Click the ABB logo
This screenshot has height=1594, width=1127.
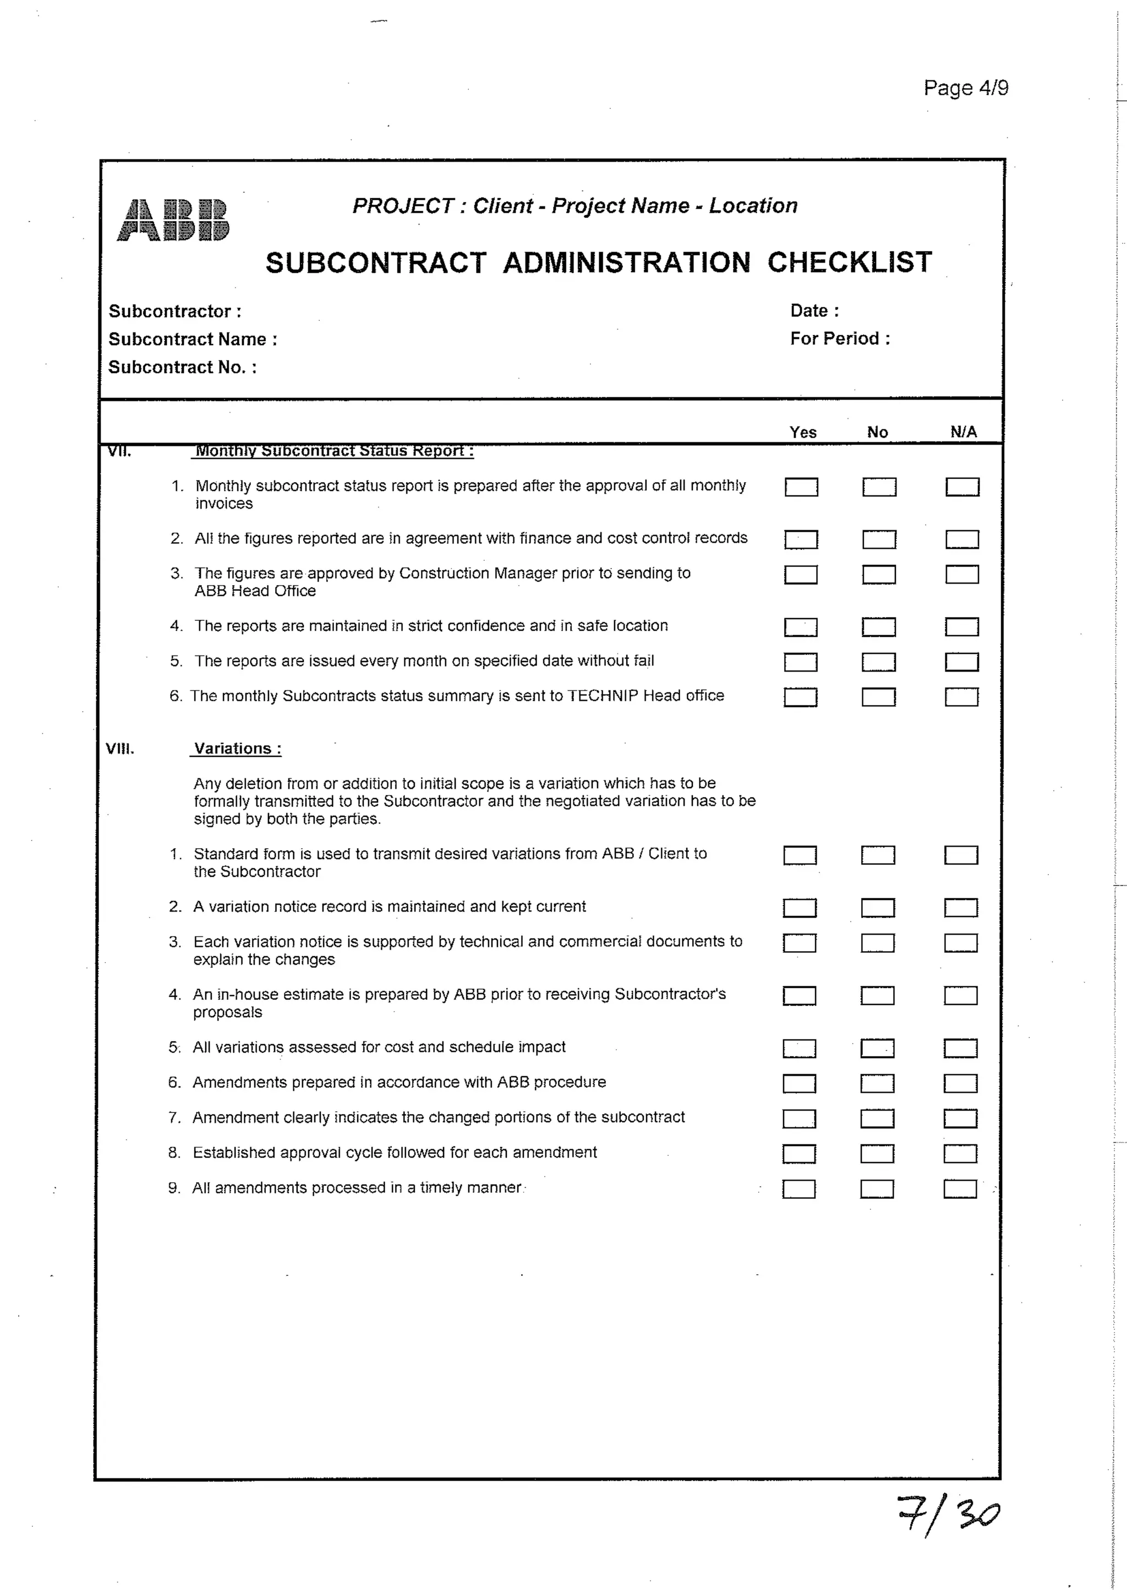click(x=173, y=220)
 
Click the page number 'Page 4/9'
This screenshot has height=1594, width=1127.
click(x=965, y=88)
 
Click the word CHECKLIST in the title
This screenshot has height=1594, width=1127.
click(x=850, y=263)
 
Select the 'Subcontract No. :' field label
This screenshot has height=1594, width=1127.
click(x=183, y=367)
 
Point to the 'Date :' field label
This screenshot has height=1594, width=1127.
click(x=815, y=310)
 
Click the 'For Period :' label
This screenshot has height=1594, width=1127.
click(x=840, y=339)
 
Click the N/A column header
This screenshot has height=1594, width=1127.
click(x=963, y=432)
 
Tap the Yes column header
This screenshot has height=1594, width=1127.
click(x=803, y=432)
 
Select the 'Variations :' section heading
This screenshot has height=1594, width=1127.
click(x=237, y=749)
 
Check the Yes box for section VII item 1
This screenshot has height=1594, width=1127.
click(x=801, y=487)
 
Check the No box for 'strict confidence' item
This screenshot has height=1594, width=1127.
click(x=879, y=627)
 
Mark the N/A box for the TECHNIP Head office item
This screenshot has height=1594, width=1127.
click(x=961, y=697)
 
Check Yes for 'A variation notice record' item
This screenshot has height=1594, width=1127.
click(x=800, y=908)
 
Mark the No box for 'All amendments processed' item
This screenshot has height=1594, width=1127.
click(x=877, y=1189)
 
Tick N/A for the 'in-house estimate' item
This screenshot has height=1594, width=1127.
click(x=960, y=996)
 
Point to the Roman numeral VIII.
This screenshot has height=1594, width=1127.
click(x=120, y=749)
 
